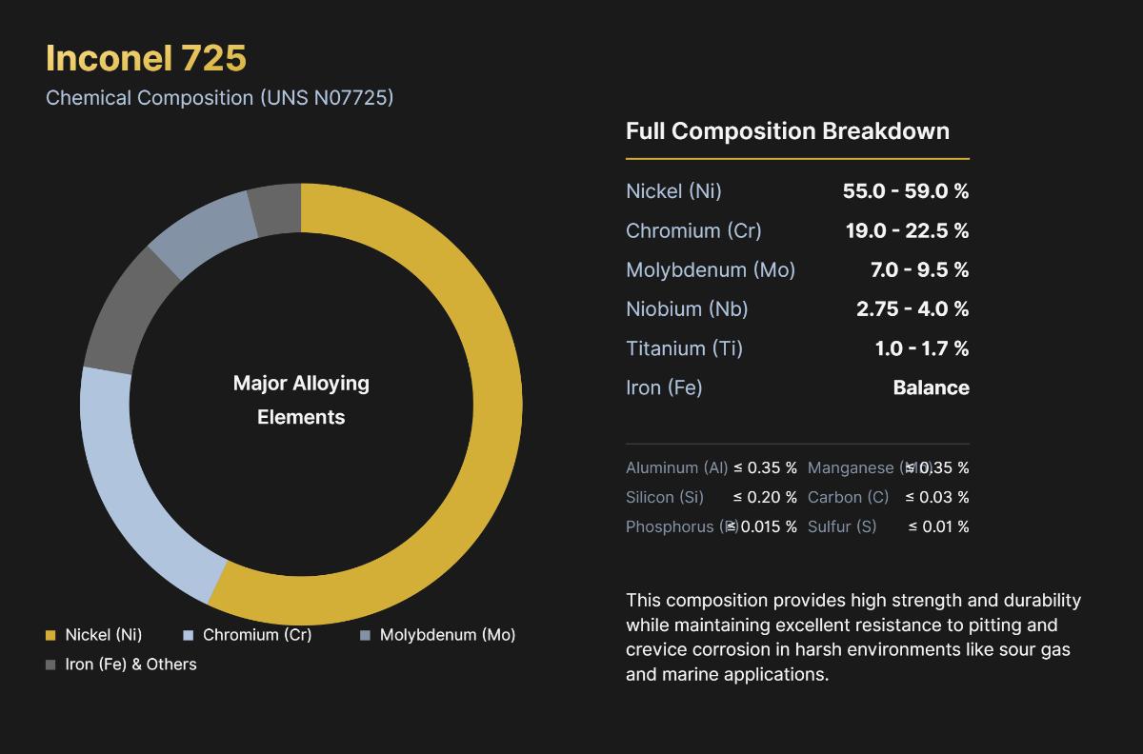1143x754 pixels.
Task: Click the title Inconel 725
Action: tap(146, 58)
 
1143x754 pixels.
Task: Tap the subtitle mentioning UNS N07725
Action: tap(219, 97)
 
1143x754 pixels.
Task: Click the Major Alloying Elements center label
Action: tap(301, 400)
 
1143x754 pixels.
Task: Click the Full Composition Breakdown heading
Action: tap(787, 131)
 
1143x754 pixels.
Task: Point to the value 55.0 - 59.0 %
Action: tap(905, 191)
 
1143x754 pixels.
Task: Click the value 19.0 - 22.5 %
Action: tap(907, 230)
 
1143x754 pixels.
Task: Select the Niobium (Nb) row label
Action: tap(687, 309)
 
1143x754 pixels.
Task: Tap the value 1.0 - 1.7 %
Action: tap(921, 348)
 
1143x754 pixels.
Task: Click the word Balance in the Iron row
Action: tap(931, 387)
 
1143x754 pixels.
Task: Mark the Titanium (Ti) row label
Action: tap(684, 348)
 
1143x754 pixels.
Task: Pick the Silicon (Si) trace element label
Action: tap(665, 497)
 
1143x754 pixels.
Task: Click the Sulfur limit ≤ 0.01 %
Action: tap(938, 526)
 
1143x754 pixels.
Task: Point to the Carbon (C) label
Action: tap(848, 497)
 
